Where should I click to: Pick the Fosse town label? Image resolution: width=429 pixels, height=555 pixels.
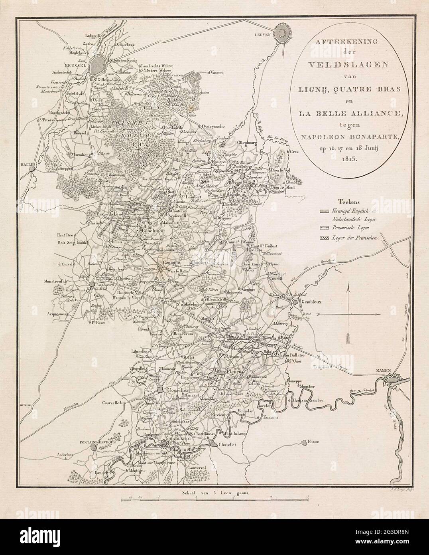pos(314,442)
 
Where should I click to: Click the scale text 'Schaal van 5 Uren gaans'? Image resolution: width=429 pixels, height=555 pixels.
pos(214,493)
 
